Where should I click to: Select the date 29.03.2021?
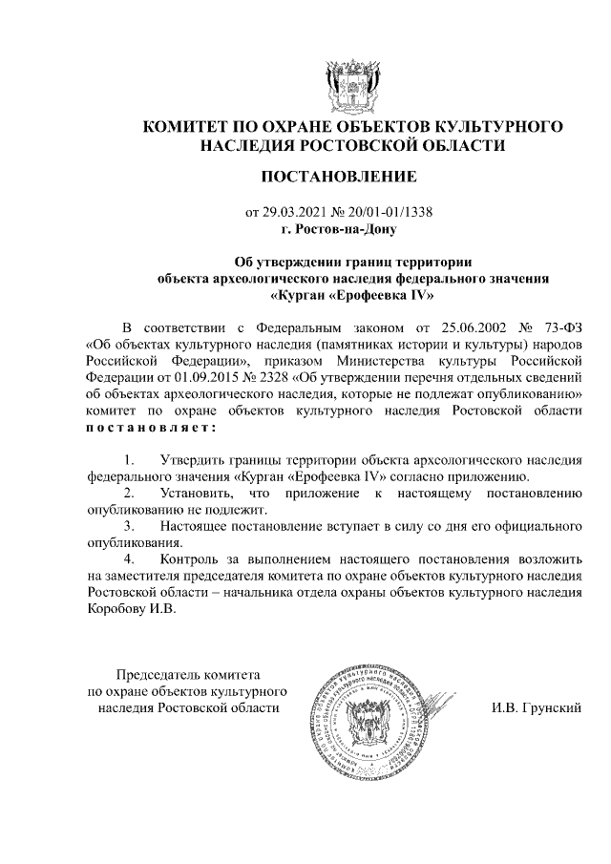(289, 211)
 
